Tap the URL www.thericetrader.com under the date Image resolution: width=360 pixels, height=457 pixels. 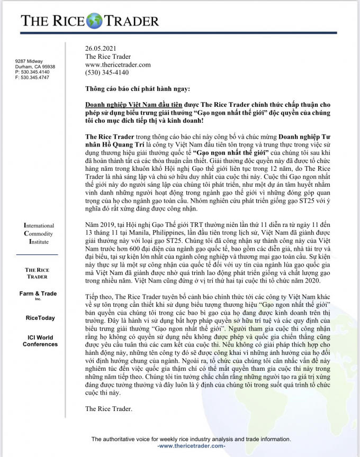118,65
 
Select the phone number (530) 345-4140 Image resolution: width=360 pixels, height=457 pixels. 106,72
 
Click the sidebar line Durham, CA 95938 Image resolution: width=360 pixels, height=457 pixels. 35,67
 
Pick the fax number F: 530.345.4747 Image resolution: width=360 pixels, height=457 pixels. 32,77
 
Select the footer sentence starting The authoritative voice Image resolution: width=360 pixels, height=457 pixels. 184,439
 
